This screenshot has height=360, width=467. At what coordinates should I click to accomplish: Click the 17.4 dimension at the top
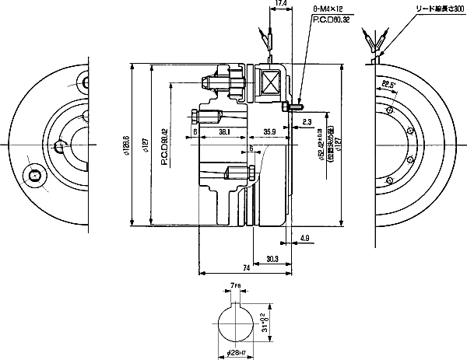point(282,5)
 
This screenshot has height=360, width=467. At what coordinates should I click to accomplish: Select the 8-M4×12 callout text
point(327,9)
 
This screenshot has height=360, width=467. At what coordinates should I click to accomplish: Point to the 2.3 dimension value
point(307,122)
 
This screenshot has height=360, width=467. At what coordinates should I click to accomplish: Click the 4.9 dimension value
point(304,238)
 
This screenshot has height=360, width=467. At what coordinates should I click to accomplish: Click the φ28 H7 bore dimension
point(237,352)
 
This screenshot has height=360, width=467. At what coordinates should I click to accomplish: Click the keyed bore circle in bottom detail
point(237,320)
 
